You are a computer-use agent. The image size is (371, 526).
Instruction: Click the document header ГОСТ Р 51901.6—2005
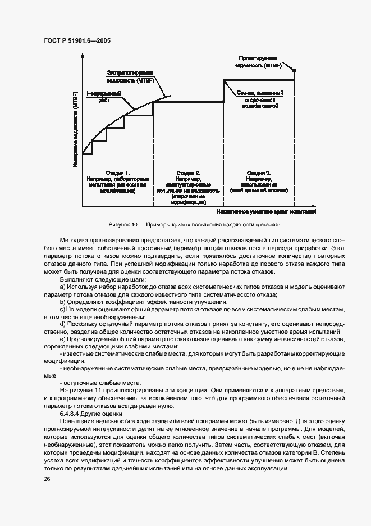[78, 40]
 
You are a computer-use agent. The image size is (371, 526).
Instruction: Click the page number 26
[46, 479]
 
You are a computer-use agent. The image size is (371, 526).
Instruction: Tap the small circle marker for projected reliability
[294, 70]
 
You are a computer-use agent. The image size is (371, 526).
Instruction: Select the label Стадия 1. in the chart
[117, 172]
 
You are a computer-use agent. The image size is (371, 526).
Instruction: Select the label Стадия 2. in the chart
[188, 173]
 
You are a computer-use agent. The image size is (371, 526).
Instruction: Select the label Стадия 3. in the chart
[259, 172]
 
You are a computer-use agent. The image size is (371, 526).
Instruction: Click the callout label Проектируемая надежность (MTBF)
[258, 61]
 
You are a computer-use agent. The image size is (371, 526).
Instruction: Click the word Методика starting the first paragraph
[73, 240]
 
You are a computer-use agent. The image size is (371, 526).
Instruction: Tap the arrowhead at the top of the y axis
[83, 56]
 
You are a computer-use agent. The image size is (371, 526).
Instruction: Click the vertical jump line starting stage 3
[224, 90]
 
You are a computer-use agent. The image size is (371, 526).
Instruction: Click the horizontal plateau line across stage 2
[188, 101]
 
